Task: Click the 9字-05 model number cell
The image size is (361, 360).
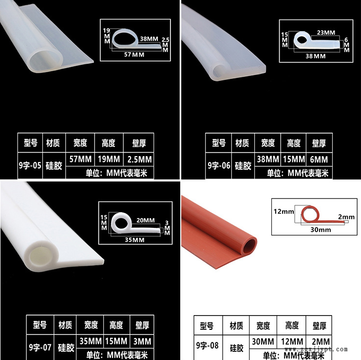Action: pyautogui.click(x=30, y=165)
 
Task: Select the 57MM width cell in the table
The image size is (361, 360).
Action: pyautogui.click(x=80, y=159)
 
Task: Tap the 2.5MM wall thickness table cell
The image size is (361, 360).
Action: pyautogui.click(x=139, y=159)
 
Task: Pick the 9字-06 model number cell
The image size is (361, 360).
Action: pyautogui.click(x=219, y=165)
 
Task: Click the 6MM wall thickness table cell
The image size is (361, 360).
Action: pyautogui.click(x=319, y=159)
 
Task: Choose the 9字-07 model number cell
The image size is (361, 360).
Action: pyautogui.click(x=40, y=347)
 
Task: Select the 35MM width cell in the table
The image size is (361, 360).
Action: pyautogui.click(x=90, y=341)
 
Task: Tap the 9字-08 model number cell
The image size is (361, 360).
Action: pyautogui.click(x=208, y=346)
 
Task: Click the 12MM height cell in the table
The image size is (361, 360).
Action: pyautogui.click(x=292, y=341)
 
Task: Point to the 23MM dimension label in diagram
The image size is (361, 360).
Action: pyautogui.click(x=326, y=33)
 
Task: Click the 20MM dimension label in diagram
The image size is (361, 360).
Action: pyautogui.click(x=146, y=220)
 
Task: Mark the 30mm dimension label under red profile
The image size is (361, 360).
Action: pyautogui.click(x=321, y=230)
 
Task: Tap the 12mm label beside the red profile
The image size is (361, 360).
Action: pyautogui.click(x=284, y=211)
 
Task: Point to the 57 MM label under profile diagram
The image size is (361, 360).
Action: pyautogui.click(x=134, y=55)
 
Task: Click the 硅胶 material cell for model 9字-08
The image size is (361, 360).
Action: pyautogui.click(x=236, y=348)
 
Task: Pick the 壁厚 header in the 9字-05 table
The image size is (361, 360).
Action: pyautogui.click(x=139, y=143)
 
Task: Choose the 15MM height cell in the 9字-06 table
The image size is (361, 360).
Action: pyautogui.click(x=294, y=159)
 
